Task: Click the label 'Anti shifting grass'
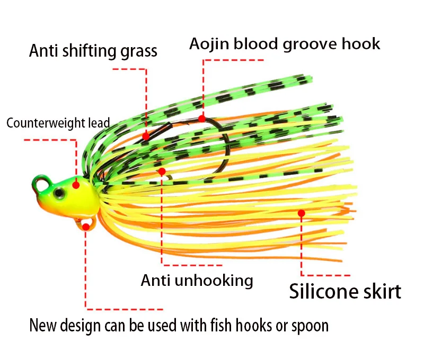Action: [x=93, y=51]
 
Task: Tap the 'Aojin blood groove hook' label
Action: [x=285, y=43]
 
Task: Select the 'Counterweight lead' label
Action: [x=58, y=123]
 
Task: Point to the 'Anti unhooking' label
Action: [x=197, y=280]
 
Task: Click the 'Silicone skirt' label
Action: [x=345, y=291]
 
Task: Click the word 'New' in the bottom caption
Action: [x=41, y=325]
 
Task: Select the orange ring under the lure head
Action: [x=86, y=225]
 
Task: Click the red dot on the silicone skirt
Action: [x=302, y=213]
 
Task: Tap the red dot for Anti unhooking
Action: [x=162, y=171]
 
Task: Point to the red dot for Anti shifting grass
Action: [x=146, y=137]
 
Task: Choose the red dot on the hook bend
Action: [x=202, y=119]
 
